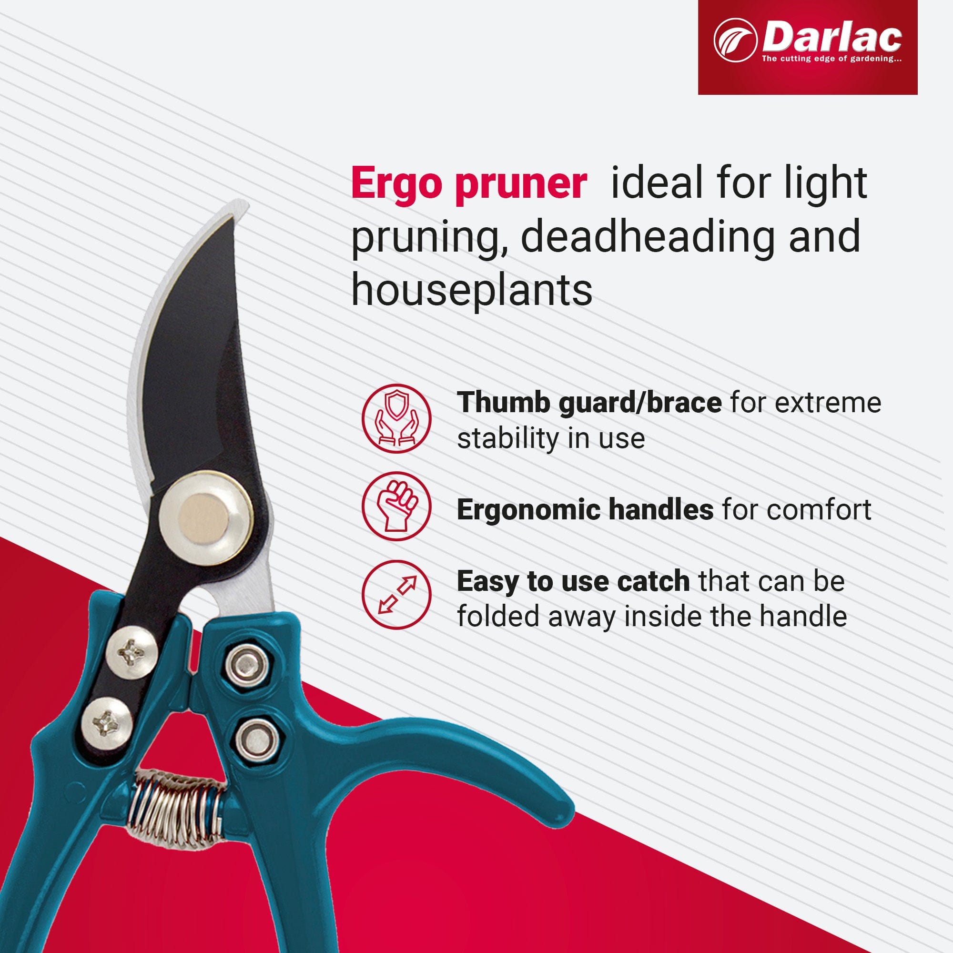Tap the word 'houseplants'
[472, 290]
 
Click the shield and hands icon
[396, 418]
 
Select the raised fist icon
[396, 506]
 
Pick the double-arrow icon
[396, 594]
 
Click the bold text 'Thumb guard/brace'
[589, 403]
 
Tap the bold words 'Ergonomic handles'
[585, 509]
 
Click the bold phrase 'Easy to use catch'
[573, 581]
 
